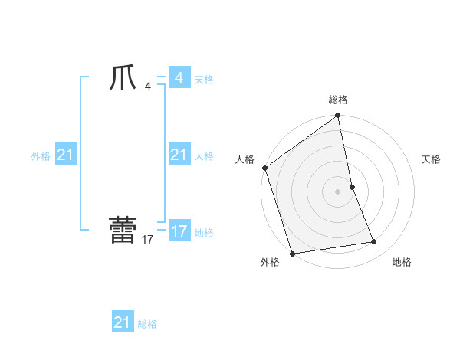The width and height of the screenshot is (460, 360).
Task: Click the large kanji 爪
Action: tap(123, 79)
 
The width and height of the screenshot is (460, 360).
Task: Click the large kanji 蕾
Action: tap(123, 231)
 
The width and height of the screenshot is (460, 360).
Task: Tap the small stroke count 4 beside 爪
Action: tap(148, 86)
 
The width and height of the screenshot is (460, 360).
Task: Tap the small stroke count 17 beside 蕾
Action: tap(148, 239)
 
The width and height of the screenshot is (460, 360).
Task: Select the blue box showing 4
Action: tap(179, 78)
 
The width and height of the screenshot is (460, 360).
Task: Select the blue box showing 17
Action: tap(179, 231)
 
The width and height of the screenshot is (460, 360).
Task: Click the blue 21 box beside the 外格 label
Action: tap(65, 155)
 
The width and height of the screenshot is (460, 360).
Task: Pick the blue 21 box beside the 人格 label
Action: tap(179, 155)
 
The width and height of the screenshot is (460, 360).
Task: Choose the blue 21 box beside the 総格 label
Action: tap(123, 322)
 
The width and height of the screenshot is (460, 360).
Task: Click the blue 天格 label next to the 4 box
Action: tap(204, 80)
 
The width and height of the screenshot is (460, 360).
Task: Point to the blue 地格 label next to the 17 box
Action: tap(204, 233)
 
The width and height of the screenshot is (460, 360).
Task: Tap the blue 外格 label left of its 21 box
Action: tap(41, 156)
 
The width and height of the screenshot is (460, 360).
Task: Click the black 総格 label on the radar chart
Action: tap(338, 100)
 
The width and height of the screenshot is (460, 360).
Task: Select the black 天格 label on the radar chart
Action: tap(432, 159)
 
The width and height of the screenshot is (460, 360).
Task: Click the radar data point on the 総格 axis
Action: tap(338, 116)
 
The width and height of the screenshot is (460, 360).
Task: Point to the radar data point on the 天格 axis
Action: tap(352, 186)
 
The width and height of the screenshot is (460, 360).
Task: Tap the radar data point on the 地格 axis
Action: tap(374, 242)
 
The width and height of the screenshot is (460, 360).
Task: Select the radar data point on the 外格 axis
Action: tap(292, 254)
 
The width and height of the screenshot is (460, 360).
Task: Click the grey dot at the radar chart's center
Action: tap(337, 191)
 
